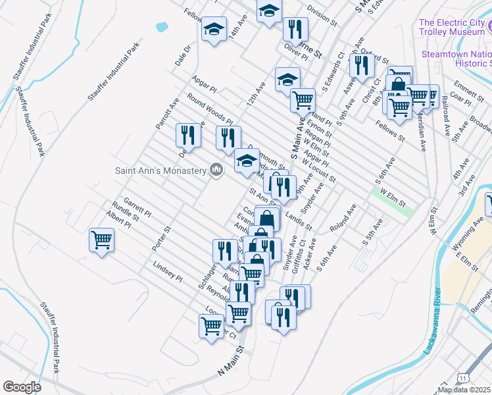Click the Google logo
tap(22, 387)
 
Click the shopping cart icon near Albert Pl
tap(102, 238)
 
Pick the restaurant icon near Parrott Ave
tap(189, 134)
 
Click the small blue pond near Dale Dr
tap(162, 28)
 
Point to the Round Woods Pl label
tap(210, 109)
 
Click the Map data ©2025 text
tap(464, 390)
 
